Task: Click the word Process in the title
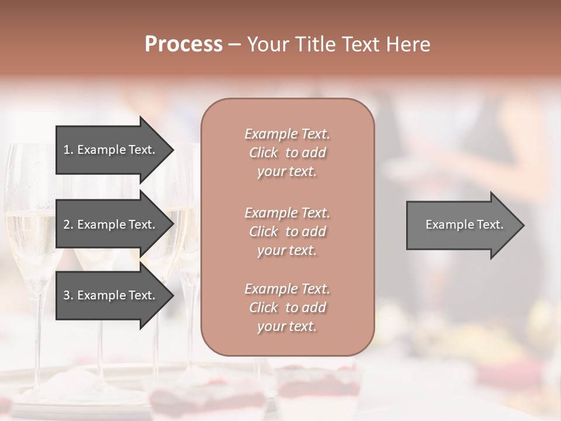pos(183,44)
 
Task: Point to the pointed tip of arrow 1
pos(172,150)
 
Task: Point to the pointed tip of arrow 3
pos(172,295)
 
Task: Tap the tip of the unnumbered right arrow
pos(523,225)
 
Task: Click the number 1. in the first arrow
pos(68,150)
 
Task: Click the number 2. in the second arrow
pos(68,225)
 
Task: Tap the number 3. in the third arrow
pos(68,295)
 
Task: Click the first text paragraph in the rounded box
pos(287,153)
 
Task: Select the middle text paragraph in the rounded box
pos(287,231)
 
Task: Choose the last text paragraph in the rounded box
pos(287,307)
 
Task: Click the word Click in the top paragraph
pos(264,153)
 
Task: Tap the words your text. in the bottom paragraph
pos(287,326)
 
